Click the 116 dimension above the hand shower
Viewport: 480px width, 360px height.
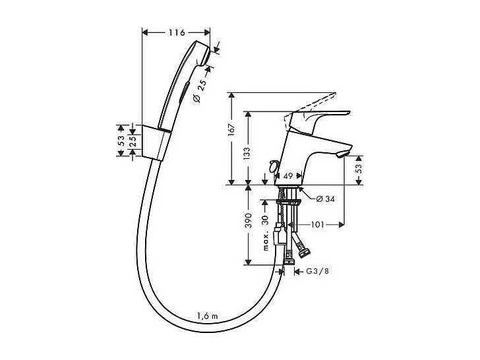pos(176,32)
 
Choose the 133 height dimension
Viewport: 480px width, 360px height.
pos(247,153)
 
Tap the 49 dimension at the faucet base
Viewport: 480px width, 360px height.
pos(287,177)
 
